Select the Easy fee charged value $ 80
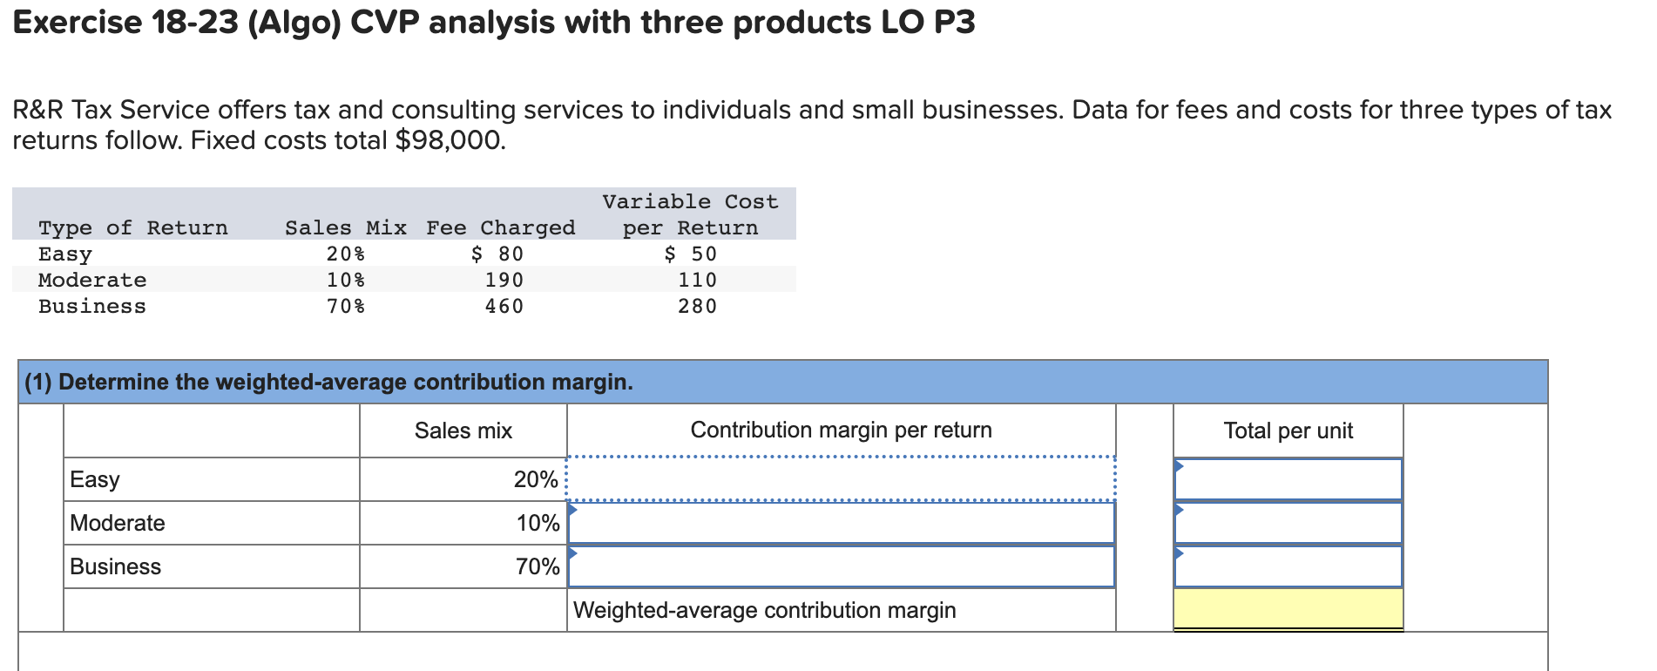click(497, 254)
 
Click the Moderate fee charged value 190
click(504, 280)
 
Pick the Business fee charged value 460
click(504, 306)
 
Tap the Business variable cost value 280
click(698, 306)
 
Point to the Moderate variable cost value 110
click(698, 280)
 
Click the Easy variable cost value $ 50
click(691, 254)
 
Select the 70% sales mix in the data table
click(346, 306)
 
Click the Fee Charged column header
click(500, 227)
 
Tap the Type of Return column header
click(133, 227)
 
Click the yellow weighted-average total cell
click(1288, 608)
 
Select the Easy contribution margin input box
click(841, 478)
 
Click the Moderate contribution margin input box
click(841, 523)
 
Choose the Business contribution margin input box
click(841, 566)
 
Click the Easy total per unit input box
click(1288, 478)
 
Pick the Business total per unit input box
click(1288, 566)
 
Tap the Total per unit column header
click(1288, 430)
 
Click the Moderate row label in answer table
click(118, 523)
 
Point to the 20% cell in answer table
click(535, 479)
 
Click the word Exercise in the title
click(78, 23)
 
